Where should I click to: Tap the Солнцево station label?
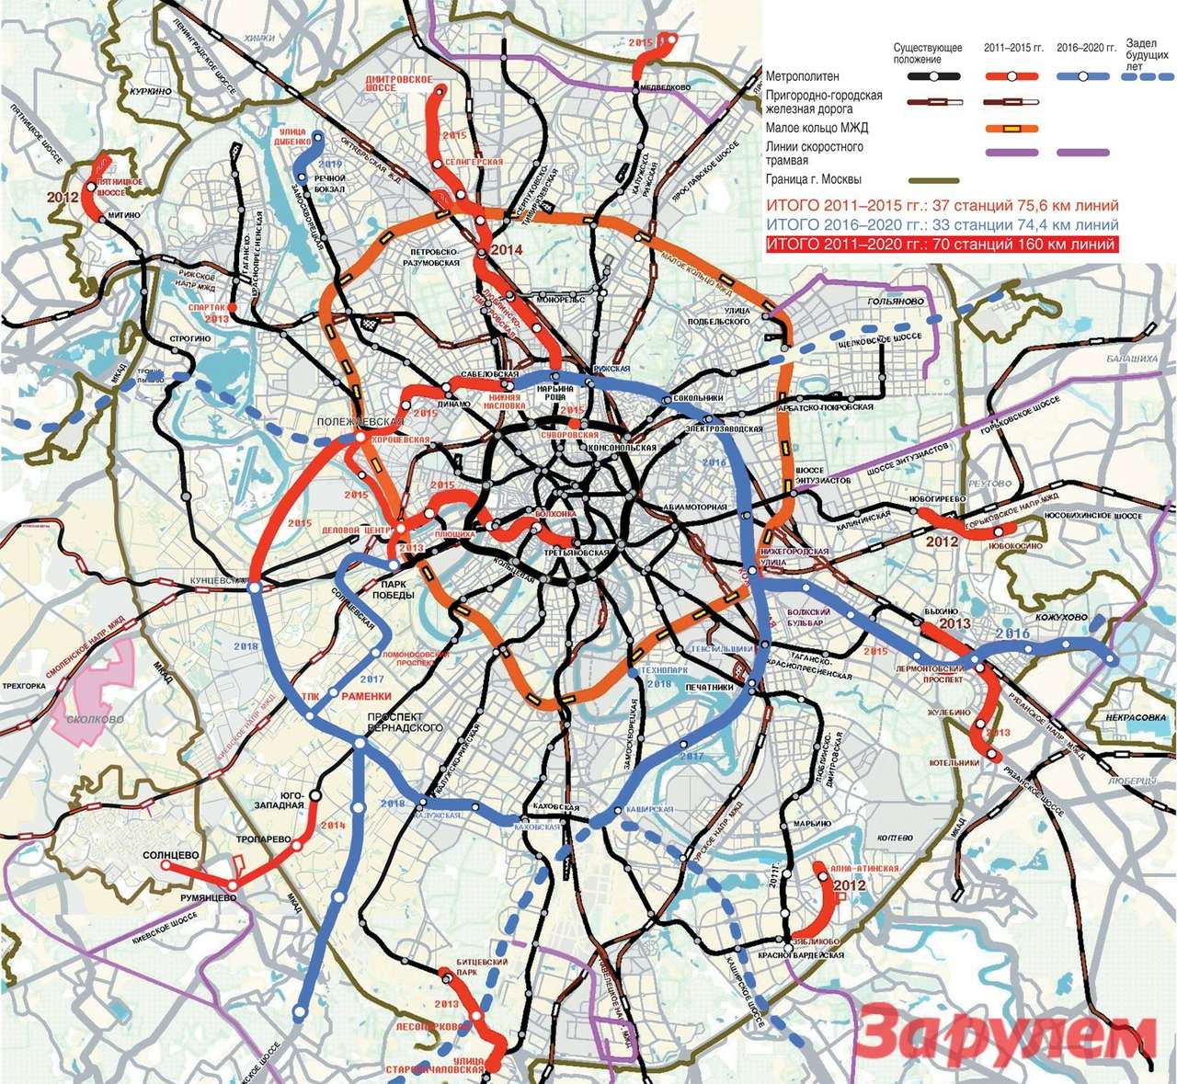click(172, 855)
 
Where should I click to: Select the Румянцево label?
click(209, 896)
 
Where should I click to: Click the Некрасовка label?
click(1138, 718)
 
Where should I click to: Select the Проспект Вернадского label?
click(405, 721)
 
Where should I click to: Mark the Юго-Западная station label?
click(291, 799)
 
